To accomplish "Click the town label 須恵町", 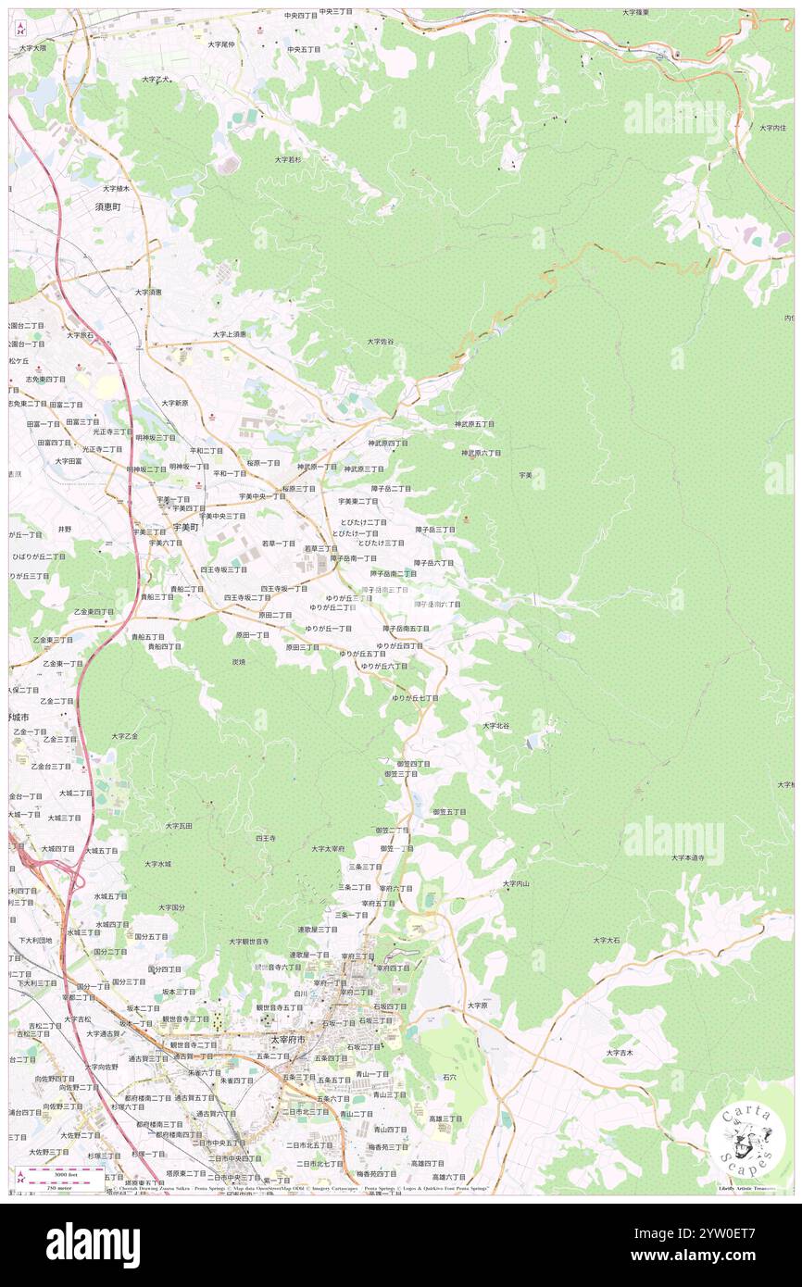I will pos(107,207).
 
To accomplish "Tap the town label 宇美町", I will pos(186,527).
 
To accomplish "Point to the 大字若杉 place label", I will pos(288,159).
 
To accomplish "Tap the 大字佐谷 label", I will pos(380,342).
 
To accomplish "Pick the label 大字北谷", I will pos(495,726).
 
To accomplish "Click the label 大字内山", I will pos(516,883).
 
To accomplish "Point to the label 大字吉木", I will pos(620,1052).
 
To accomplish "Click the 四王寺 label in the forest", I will pos(266,837).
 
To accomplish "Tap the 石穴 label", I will pos(450,1078).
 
